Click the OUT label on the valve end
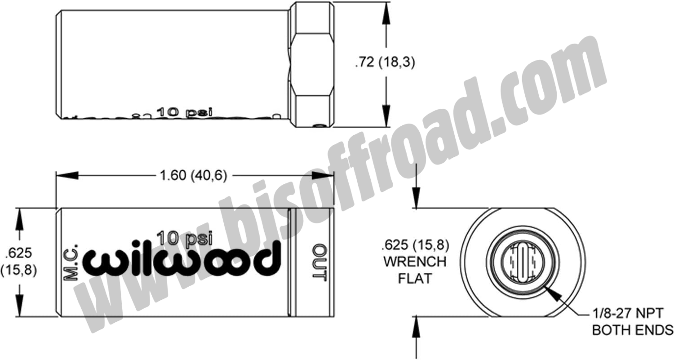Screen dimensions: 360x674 (319, 263)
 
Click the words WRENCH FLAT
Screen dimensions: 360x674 (414, 270)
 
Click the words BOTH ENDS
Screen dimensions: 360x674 (632, 330)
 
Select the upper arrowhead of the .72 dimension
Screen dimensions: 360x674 (385, 13)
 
